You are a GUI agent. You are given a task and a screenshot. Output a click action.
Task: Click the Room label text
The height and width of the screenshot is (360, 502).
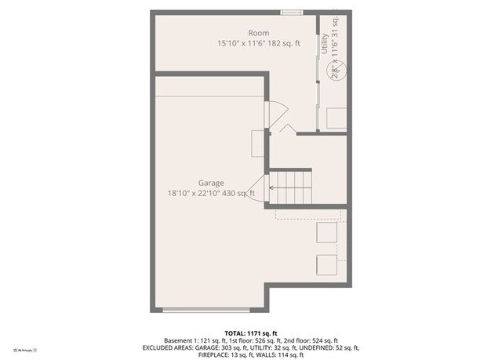258,33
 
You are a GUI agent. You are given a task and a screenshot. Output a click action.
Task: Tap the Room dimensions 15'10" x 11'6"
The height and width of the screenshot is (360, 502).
258,44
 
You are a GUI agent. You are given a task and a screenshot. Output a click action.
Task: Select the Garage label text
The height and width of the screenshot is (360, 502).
211,183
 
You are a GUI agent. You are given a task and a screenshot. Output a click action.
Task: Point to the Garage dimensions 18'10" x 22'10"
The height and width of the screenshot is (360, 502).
211,193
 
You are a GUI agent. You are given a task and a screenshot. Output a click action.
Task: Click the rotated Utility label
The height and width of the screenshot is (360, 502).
323,43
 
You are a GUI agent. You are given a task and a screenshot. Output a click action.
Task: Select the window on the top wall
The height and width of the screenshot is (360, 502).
293,12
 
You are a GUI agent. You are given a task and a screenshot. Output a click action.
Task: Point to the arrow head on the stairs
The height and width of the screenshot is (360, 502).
272,187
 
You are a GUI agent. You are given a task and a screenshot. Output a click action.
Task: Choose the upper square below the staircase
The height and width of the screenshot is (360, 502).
326,233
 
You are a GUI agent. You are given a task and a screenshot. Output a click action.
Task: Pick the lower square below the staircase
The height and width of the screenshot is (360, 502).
326,264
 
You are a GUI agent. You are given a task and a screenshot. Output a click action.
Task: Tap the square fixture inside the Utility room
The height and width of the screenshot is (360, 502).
336,118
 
